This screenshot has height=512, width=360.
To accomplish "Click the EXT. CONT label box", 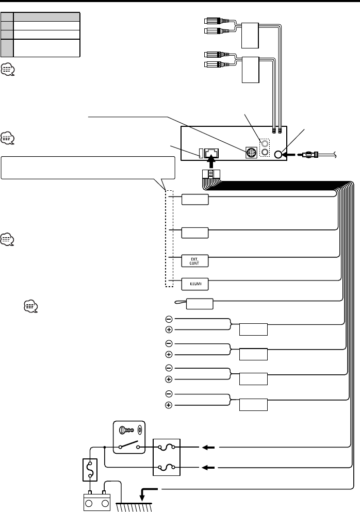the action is (x=195, y=260).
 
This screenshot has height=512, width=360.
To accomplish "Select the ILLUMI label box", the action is (x=195, y=283).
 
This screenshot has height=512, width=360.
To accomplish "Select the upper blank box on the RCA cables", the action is (x=252, y=35).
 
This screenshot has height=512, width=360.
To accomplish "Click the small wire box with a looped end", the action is (x=199, y=304).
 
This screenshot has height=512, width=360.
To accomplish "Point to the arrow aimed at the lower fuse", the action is (x=209, y=467).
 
